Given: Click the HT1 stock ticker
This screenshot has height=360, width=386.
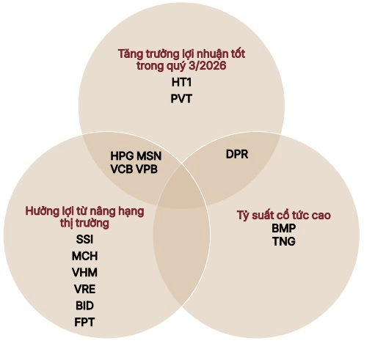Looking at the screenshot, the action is pyautogui.click(x=181, y=82).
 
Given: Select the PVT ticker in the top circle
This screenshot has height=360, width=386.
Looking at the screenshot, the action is pyautogui.click(x=181, y=99).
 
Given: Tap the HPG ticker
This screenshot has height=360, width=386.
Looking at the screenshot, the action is pyautogui.click(x=122, y=156).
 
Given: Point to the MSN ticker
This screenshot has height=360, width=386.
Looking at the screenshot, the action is pyautogui.click(x=149, y=156).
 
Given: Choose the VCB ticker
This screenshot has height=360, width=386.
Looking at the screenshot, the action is pyautogui.click(x=122, y=169).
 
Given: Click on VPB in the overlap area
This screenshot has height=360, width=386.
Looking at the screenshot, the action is pyautogui.click(x=147, y=169).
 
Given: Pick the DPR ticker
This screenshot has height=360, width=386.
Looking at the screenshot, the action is pyautogui.click(x=237, y=154).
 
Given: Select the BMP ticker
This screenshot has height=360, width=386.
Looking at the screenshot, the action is pyautogui.click(x=283, y=228).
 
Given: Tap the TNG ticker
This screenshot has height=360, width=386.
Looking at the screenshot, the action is pyautogui.click(x=283, y=241).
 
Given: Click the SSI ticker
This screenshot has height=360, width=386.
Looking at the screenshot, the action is pyautogui.click(x=84, y=239).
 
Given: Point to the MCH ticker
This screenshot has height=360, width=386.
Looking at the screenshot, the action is pyautogui.click(x=84, y=256).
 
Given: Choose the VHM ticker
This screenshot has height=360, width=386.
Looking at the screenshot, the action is pyautogui.click(x=84, y=273).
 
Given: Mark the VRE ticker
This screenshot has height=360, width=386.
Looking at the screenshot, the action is pyautogui.click(x=84, y=289).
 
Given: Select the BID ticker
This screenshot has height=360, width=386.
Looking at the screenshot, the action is pyautogui.click(x=84, y=306).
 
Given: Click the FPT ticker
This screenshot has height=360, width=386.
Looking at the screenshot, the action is pyautogui.click(x=84, y=322).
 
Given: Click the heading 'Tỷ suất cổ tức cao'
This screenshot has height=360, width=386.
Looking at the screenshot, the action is pyautogui.click(x=284, y=216).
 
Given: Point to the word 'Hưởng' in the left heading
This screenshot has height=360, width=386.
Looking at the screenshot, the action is pyautogui.click(x=41, y=211).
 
